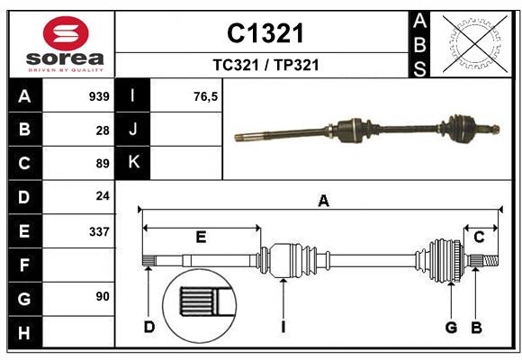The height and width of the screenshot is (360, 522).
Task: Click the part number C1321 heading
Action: [265, 33]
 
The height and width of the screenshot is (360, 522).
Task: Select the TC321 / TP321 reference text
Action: [265, 65]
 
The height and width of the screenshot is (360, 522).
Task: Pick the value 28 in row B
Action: [102, 130]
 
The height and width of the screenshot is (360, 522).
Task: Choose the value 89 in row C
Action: [102, 164]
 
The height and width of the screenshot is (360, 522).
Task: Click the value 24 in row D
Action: [102, 196]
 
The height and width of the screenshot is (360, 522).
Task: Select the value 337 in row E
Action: [99, 231]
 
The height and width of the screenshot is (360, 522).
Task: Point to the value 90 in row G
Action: [102, 296]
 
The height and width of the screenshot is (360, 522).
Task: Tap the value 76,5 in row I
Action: [206, 96]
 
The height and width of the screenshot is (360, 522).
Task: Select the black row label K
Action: [133, 163]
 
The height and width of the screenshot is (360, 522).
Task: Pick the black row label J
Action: [133, 130]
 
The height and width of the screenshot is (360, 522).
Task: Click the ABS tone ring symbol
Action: [475, 42]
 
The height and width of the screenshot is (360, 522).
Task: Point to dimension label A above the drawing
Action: [323, 202]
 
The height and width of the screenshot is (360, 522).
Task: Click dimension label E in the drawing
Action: [201, 237]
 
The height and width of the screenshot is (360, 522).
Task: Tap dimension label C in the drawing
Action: [480, 237]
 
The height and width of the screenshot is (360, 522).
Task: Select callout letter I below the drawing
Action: [283, 327]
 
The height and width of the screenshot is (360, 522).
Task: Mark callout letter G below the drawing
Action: [452, 327]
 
